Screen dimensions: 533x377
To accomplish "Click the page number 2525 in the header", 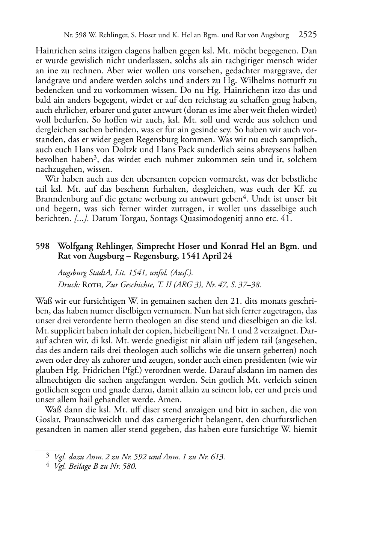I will [308, 35].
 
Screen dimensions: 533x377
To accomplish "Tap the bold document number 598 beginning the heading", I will [42, 247].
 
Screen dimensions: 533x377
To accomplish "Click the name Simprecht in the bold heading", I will [155, 247].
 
